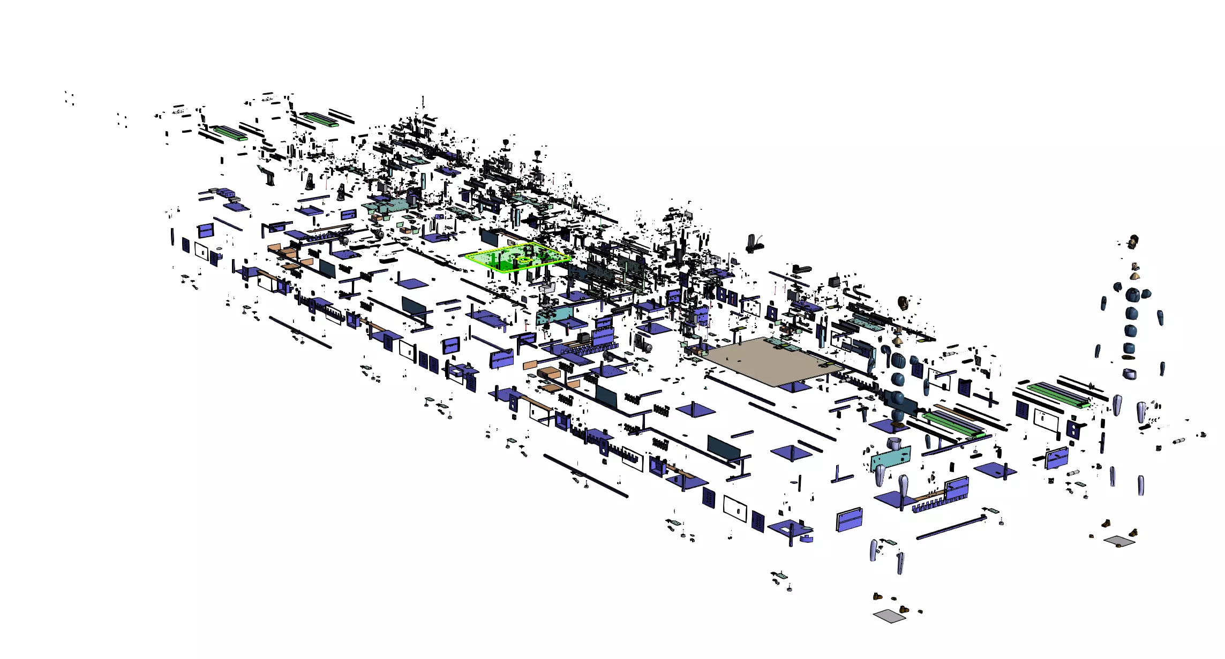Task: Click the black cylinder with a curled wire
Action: click(754, 244)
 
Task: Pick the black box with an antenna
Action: click(834, 281)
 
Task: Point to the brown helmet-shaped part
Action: click(903, 302)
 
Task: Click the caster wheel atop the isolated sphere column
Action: click(1133, 241)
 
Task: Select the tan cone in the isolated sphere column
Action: click(1134, 276)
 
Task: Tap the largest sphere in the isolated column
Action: click(1132, 295)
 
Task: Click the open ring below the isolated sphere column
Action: click(1130, 374)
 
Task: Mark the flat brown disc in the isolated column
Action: click(1129, 358)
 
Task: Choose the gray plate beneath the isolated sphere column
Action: click(1119, 541)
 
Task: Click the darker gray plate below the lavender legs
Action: click(890, 616)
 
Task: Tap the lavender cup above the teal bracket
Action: click(893, 444)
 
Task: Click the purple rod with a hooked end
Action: click(951, 527)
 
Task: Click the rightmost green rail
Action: click(1058, 395)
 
